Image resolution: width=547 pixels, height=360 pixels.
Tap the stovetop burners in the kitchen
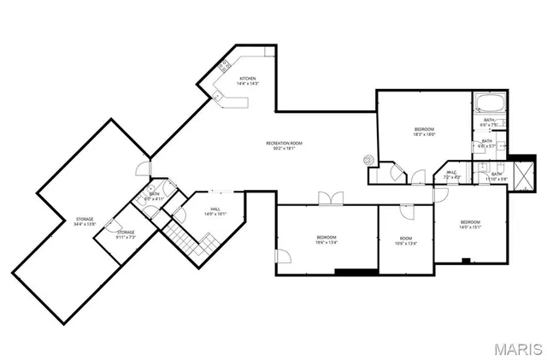coord(225,66)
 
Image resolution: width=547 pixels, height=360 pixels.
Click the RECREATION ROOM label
coord(284,143)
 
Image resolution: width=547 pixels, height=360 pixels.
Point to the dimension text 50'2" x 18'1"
coord(284,149)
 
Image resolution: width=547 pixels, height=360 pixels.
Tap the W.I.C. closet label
coord(452,172)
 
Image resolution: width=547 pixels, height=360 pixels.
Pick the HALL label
coord(216,210)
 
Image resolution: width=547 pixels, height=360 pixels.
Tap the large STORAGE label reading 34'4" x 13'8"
coord(84,219)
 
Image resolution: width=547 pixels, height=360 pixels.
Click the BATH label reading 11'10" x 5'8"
coord(497,174)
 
